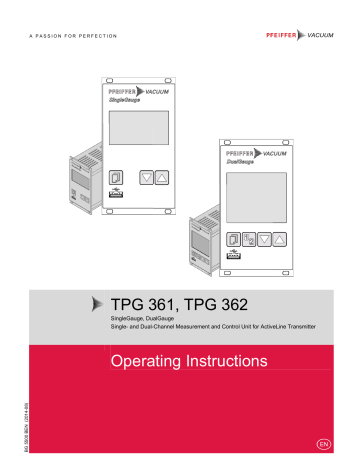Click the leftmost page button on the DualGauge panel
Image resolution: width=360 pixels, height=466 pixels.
click(233, 240)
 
